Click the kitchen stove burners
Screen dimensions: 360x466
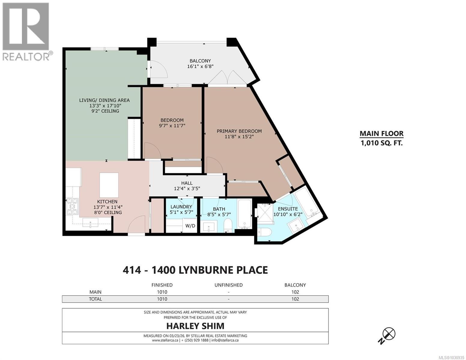click(72, 207)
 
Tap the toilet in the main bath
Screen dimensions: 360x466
click(228, 225)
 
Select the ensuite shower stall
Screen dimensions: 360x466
click(265, 213)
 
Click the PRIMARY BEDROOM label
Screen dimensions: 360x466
click(239, 131)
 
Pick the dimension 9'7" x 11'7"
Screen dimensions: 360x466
click(172, 126)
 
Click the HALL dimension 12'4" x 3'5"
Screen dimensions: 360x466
click(187, 188)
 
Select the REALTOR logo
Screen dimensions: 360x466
click(26, 31)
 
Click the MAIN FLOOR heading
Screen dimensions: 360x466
click(381, 134)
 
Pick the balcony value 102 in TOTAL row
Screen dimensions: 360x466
click(295, 299)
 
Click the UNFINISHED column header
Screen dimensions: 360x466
click(228, 285)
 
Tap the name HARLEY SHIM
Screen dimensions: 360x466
click(195, 326)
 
